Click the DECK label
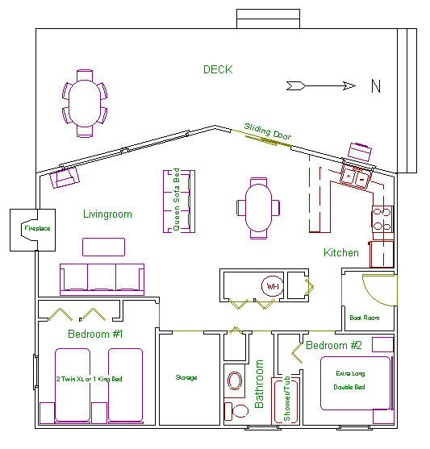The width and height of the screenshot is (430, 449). pos(218,69)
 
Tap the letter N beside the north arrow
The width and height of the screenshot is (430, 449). pos(376,86)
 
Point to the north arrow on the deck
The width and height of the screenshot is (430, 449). pos(321,85)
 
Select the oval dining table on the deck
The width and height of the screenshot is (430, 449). pos(85,103)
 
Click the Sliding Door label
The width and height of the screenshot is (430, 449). pos(268,131)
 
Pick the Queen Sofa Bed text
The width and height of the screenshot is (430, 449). pos(177,199)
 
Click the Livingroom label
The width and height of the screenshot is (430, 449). pos(107,214)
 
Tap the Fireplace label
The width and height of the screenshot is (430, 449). pos(37,228)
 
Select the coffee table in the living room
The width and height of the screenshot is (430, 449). pos(103,247)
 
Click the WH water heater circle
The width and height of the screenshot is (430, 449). pos(273,286)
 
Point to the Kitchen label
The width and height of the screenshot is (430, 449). pos(341,252)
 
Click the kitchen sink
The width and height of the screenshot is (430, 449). pos(356,177)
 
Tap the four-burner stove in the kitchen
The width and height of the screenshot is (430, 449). pos(382,219)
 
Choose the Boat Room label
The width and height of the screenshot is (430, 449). pos(365,318)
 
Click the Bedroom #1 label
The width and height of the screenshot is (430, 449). pos(95,334)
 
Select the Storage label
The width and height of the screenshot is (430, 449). pos(186,378)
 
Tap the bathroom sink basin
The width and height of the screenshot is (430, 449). pos(235,380)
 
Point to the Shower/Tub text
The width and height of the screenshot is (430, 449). pos(286,398)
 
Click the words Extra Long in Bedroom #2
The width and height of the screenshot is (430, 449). pos(350,373)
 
